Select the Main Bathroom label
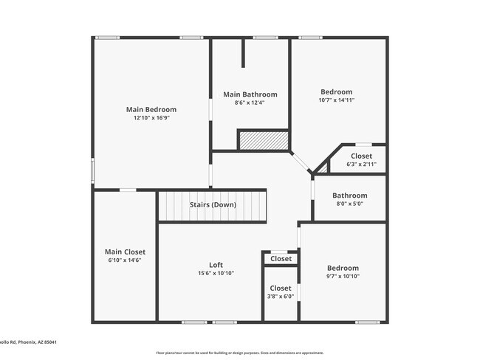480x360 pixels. click(250, 94)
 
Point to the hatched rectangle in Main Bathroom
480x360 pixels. click(262, 140)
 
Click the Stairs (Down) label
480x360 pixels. click(213, 204)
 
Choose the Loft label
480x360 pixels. click(216, 265)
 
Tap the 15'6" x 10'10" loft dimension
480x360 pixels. click(216, 274)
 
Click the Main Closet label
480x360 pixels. click(125, 252)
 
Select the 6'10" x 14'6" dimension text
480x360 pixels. click(125, 260)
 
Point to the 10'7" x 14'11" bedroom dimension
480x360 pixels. click(336, 100)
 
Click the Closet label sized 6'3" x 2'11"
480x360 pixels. click(361, 156)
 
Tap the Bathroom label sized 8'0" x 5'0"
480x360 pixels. click(349, 195)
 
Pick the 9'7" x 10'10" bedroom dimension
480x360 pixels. click(343, 277)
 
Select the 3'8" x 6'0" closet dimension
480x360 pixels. click(281, 297)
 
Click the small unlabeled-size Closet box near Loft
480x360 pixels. click(281, 259)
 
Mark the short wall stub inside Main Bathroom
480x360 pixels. click(243, 53)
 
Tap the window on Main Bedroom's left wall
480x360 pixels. click(92, 169)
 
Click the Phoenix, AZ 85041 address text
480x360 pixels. click(33, 342)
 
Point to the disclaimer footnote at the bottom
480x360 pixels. click(239, 353)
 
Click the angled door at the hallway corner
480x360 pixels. click(301, 164)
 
